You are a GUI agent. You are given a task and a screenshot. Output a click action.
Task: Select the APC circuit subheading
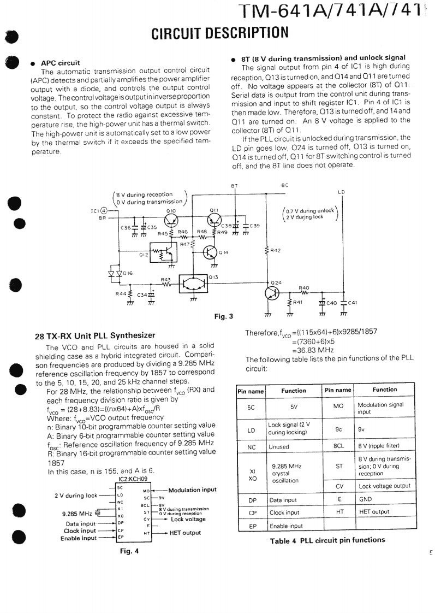61,63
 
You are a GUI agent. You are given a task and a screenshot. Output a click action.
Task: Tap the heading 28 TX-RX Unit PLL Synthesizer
95,335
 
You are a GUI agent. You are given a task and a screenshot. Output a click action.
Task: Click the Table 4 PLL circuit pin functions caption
327,540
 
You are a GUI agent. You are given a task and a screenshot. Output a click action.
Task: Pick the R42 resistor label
276,251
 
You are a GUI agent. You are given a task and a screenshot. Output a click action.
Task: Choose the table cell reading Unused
279,446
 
